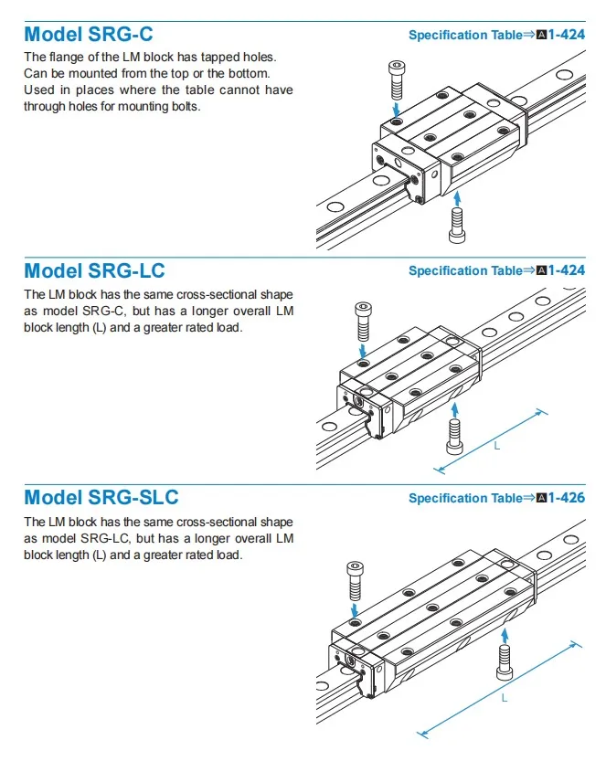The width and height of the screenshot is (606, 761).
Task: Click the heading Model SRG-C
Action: point(89,35)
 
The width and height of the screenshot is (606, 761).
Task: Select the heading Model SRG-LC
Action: point(94,270)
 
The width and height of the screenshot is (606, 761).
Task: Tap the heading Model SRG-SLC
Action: point(101,497)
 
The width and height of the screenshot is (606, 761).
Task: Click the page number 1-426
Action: point(567,498)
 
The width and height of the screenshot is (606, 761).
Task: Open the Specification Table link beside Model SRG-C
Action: point(465,36)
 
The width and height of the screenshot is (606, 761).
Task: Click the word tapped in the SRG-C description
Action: point(200,57)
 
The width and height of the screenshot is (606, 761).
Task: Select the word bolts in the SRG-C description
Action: point(182,106)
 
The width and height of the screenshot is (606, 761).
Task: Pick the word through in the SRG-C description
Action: point(43,106)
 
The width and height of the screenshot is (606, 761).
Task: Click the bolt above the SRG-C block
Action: point(397,80)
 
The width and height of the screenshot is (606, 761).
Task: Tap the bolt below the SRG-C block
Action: point(457,224)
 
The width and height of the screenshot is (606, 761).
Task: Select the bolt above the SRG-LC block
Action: point(364,319)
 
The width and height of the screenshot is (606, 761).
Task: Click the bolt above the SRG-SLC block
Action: point(356,579)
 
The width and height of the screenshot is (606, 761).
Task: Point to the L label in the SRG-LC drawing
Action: point(496,447)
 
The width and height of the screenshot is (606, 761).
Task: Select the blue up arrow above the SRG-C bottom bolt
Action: point(457,196)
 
